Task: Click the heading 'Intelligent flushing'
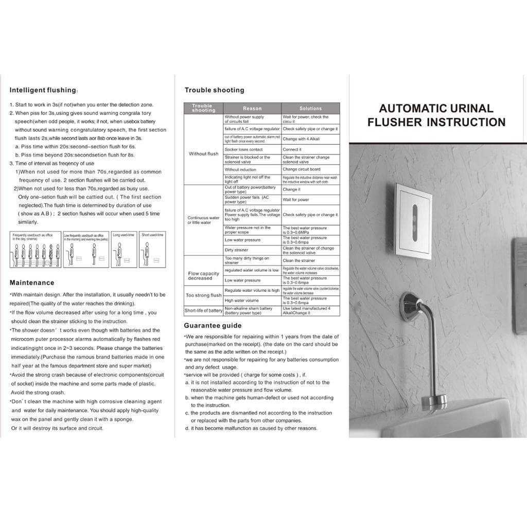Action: coord(43,90)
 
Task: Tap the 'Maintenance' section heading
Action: coord(32,283)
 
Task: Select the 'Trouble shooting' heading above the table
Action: coord(215,90)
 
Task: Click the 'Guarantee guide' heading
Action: coord(213,325)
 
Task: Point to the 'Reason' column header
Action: coord(252,109)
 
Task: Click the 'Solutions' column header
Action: coord(310,109)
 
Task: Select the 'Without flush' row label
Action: coord(204,154)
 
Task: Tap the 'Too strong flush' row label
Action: coord(204,295)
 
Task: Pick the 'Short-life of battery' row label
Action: coord(204,311)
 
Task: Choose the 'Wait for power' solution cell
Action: coord(296,200)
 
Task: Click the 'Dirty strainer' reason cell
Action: coord(236,250)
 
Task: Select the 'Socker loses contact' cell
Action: coord(243,149)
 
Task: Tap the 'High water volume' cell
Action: coord(242,301)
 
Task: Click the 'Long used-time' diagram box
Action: coord(124,250)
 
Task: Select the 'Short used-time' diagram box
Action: coord(152,250)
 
